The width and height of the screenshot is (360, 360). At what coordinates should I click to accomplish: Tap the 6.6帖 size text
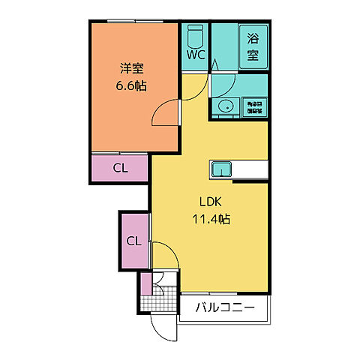pos(131,86)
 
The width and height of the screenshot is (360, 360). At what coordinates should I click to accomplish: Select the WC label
pos(196,55)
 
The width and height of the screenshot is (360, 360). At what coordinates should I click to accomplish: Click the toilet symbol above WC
pos(196,35)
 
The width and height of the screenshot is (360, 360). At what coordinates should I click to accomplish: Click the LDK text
pos(209,202)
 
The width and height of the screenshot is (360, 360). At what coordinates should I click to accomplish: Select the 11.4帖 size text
pos(209,220)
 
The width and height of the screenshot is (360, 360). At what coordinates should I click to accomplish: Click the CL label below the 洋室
pos(120,168)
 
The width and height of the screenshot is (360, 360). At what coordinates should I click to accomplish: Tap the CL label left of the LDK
pos(133,241)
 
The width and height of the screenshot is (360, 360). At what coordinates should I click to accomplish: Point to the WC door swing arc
pos(193,84)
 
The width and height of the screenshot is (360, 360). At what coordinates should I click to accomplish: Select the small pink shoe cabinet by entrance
pos(145,285)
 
